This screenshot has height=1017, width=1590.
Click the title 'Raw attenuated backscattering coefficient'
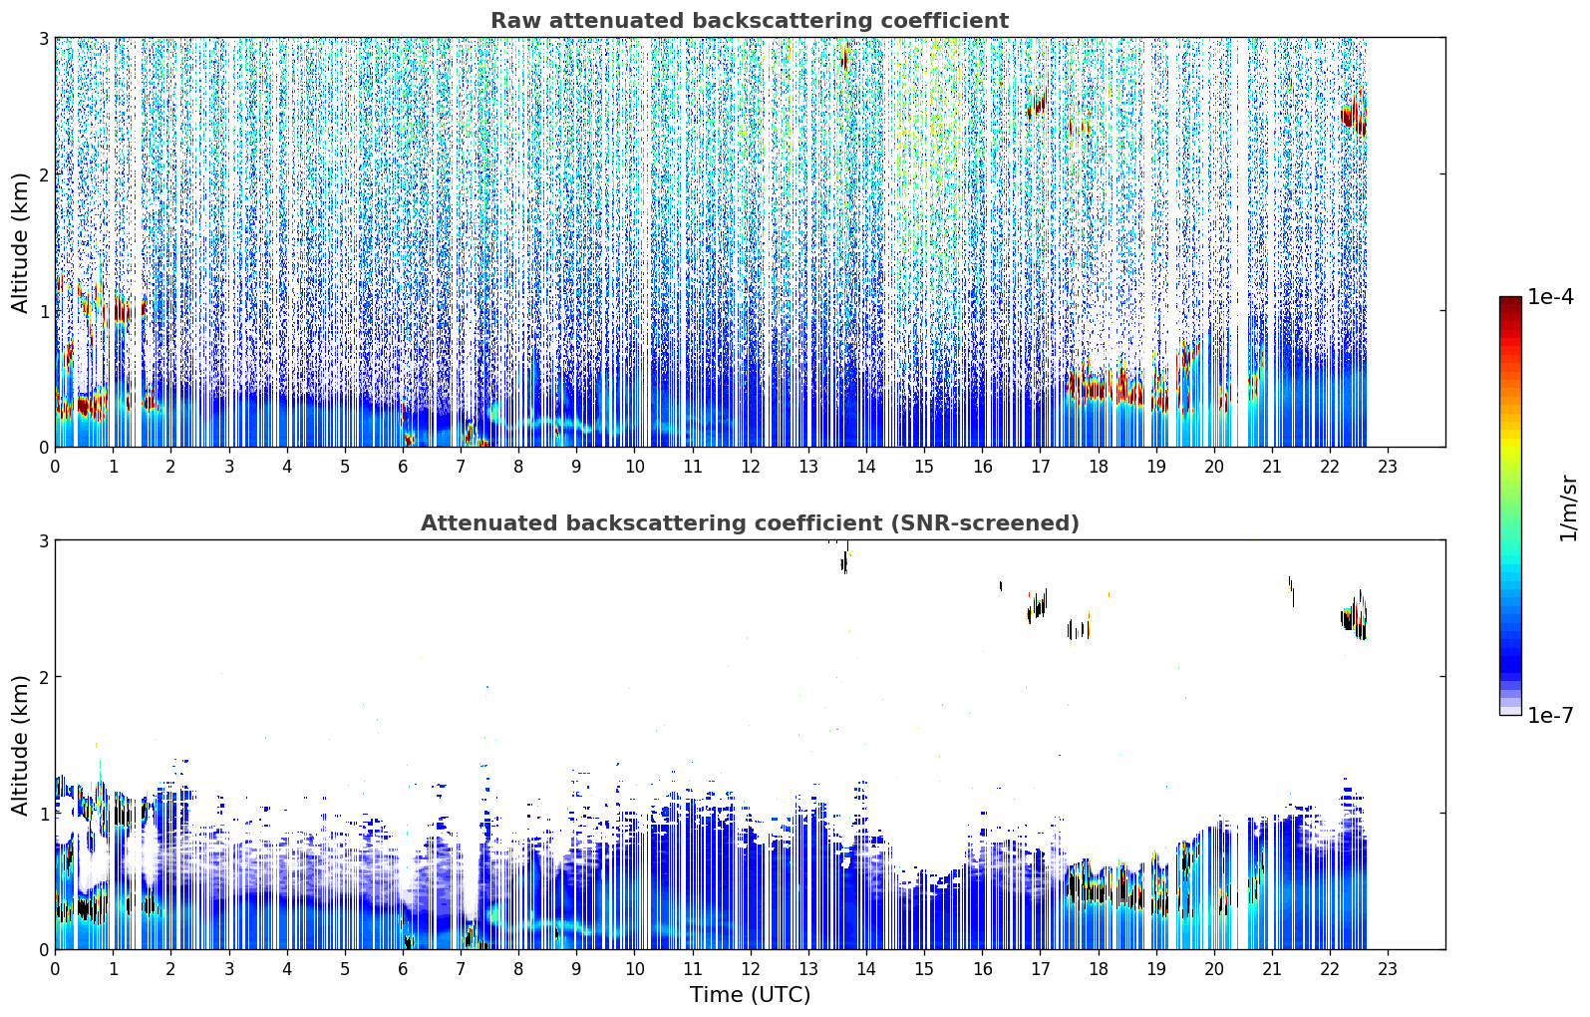[x=750, y=21]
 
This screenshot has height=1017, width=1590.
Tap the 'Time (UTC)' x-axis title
[x=750, y=994]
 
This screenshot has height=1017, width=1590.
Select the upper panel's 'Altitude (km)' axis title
[x=20, y=243]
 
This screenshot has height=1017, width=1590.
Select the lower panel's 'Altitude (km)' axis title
[x=20, y=745]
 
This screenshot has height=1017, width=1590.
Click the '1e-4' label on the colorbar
[x=1550, y=296]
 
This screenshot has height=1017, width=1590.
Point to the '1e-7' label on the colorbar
[x=1550, y=715]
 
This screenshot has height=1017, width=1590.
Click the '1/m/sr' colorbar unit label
[x=1568, y=508]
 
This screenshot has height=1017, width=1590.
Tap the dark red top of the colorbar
[x=1510, y=301]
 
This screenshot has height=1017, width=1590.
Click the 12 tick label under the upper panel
[x=751, y=467]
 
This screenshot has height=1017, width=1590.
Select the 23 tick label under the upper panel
[x=1388, y=467]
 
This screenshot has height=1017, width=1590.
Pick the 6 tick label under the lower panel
[x=403, y=969]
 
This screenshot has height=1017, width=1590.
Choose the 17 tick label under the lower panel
[x=1040, y=969]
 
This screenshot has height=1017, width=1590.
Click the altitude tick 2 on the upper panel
[x=43, y=174]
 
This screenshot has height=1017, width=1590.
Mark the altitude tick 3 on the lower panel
[x=43, y=541]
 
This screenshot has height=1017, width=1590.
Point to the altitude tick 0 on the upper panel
[x=43, y=448]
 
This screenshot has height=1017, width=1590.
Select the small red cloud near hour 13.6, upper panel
[x=844, y=58]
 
